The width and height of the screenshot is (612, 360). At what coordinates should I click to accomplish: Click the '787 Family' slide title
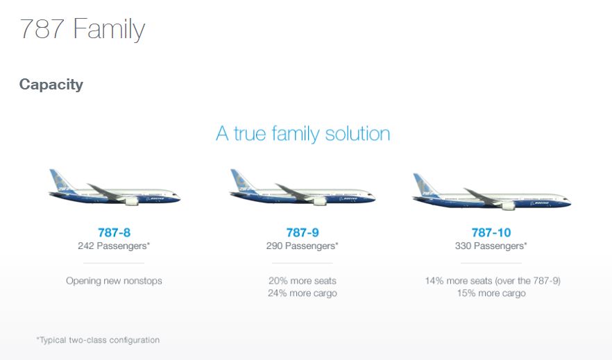(x=82, y=30)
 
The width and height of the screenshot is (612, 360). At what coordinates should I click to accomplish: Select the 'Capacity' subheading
(x=51, y=85)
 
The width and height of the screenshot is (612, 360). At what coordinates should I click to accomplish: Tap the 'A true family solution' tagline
(x=303, y=134)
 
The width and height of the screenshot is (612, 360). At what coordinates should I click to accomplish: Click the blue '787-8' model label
(x=114, y=232)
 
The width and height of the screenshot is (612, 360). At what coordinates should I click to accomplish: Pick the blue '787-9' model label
(x=303, y=232)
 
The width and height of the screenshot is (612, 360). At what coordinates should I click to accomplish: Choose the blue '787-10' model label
(x=491, y=232)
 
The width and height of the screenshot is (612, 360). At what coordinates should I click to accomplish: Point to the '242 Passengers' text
(x=114, y=246)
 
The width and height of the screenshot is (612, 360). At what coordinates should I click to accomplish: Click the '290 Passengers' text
(x=302, y=246)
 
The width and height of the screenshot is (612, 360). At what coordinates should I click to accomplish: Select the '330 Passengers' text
(x=491, y=246)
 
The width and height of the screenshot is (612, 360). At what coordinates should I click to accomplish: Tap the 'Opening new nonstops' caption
(x=114, y=281)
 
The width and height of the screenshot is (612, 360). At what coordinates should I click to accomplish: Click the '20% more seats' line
(x=303, y=281)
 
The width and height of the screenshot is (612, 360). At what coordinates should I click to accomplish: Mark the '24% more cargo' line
(x=303, y=293)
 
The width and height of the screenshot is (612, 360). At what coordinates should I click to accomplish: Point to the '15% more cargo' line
(x=491, y=293)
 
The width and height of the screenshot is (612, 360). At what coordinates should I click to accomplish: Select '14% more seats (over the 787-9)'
(x=493, y=281)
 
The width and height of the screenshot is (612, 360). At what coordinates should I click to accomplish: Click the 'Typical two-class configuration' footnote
(x=98, y=340)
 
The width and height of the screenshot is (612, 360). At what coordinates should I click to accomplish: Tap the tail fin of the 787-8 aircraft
(x=60, y=180)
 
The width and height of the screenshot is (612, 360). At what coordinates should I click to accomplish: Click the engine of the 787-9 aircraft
(x=320, y=201)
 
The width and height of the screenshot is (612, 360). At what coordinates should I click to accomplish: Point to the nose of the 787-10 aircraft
(x=567, y=202)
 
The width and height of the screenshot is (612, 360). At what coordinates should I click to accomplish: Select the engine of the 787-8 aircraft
(x=132, y=201)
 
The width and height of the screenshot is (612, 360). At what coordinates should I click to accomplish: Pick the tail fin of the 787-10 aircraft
(x=425, y=185)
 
